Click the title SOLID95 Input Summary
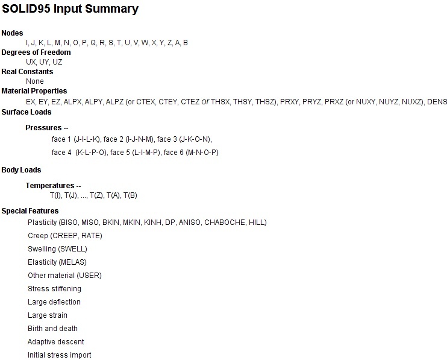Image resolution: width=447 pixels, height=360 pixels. (x=70, y=9)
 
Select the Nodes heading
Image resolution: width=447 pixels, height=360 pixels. (x=12, y=33)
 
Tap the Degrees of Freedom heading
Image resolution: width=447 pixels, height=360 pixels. (x=36, y=52)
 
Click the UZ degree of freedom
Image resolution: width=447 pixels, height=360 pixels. (x=57, y=62)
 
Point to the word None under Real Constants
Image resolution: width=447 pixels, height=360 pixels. (x=35, y=81)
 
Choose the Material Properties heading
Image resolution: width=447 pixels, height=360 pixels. (x=34, y=91)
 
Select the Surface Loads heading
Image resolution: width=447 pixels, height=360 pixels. (x=27, y=112)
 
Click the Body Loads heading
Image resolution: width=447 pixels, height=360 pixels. (x=21, y=170)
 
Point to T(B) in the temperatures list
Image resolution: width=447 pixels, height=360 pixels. (x=130, y=195)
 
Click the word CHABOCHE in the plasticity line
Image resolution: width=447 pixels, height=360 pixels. (x=225, y=223)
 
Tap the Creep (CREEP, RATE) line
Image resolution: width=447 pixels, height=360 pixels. (x=65, y=236)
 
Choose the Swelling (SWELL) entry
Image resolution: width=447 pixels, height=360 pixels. (x=57, y=249)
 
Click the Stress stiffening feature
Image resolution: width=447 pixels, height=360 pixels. (x=54, y=289)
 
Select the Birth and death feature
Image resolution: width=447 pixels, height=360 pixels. (x=53, y=329)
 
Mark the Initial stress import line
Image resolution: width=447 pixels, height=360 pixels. (x=59, y=355)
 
